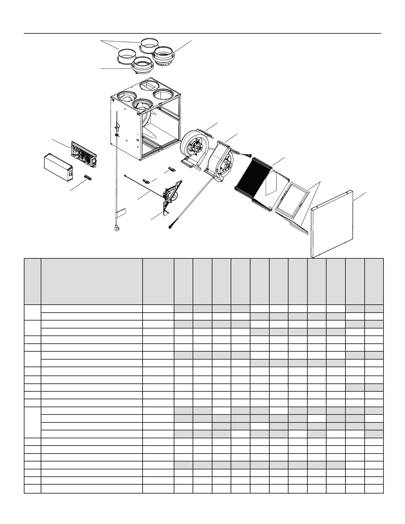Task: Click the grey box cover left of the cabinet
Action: [x=58, y=167]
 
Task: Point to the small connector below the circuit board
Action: [x=88, y=178]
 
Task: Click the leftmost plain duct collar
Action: [x=126, y=56]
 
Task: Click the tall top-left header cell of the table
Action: [x=32, y=281]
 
